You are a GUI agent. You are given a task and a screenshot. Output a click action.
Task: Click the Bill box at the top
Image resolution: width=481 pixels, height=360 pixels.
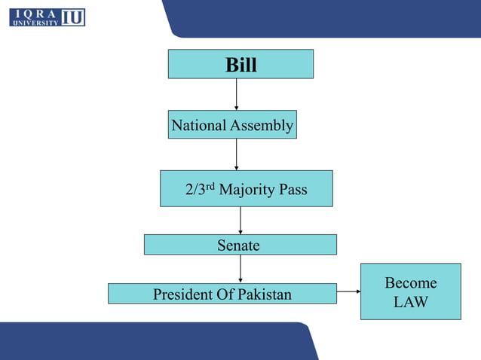240,64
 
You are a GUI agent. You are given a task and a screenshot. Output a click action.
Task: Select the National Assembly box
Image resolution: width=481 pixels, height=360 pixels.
232,125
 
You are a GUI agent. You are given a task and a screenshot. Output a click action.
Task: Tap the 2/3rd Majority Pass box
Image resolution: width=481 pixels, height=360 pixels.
246,188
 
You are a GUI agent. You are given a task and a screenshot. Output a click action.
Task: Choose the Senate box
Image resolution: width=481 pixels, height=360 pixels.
240,245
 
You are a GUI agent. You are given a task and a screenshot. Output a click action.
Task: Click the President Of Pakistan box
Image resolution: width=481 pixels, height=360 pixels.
222,294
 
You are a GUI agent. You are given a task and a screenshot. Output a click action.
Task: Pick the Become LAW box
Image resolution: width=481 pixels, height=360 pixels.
410,291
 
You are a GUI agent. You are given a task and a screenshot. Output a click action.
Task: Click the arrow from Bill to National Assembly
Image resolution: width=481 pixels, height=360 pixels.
237,94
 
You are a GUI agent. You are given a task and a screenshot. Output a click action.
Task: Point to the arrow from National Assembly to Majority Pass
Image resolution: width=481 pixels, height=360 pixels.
237,154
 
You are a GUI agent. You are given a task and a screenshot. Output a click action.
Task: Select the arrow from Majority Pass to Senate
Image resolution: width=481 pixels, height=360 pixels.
240,220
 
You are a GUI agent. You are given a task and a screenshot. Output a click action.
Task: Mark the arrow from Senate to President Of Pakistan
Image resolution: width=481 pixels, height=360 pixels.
240,269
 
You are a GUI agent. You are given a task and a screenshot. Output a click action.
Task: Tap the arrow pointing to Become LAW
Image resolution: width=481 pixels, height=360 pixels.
348,291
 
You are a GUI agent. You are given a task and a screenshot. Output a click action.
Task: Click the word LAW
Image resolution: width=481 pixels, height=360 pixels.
410,302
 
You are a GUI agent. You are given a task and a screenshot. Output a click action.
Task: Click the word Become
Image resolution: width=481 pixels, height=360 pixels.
410,283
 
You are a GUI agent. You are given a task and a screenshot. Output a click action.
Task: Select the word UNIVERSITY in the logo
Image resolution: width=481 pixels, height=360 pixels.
35,23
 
